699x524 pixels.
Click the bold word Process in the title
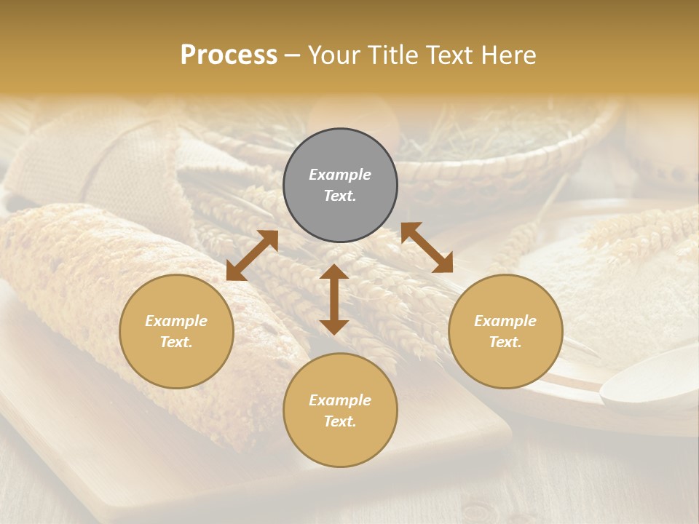click(x=229, y=55)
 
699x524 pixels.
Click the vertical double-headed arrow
click(x=334, y=299)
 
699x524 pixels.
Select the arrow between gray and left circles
click(x=252, y=255)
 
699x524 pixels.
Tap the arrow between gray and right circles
click(x=427, y=247)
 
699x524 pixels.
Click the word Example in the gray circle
click(x=340, y=175)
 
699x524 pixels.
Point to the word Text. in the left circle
click(x=176, y=342)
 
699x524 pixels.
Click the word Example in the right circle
click(x=505, y=321)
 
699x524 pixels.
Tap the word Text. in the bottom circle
click(x=340, y=421)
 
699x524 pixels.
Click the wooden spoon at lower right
click(x=648, y=386)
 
